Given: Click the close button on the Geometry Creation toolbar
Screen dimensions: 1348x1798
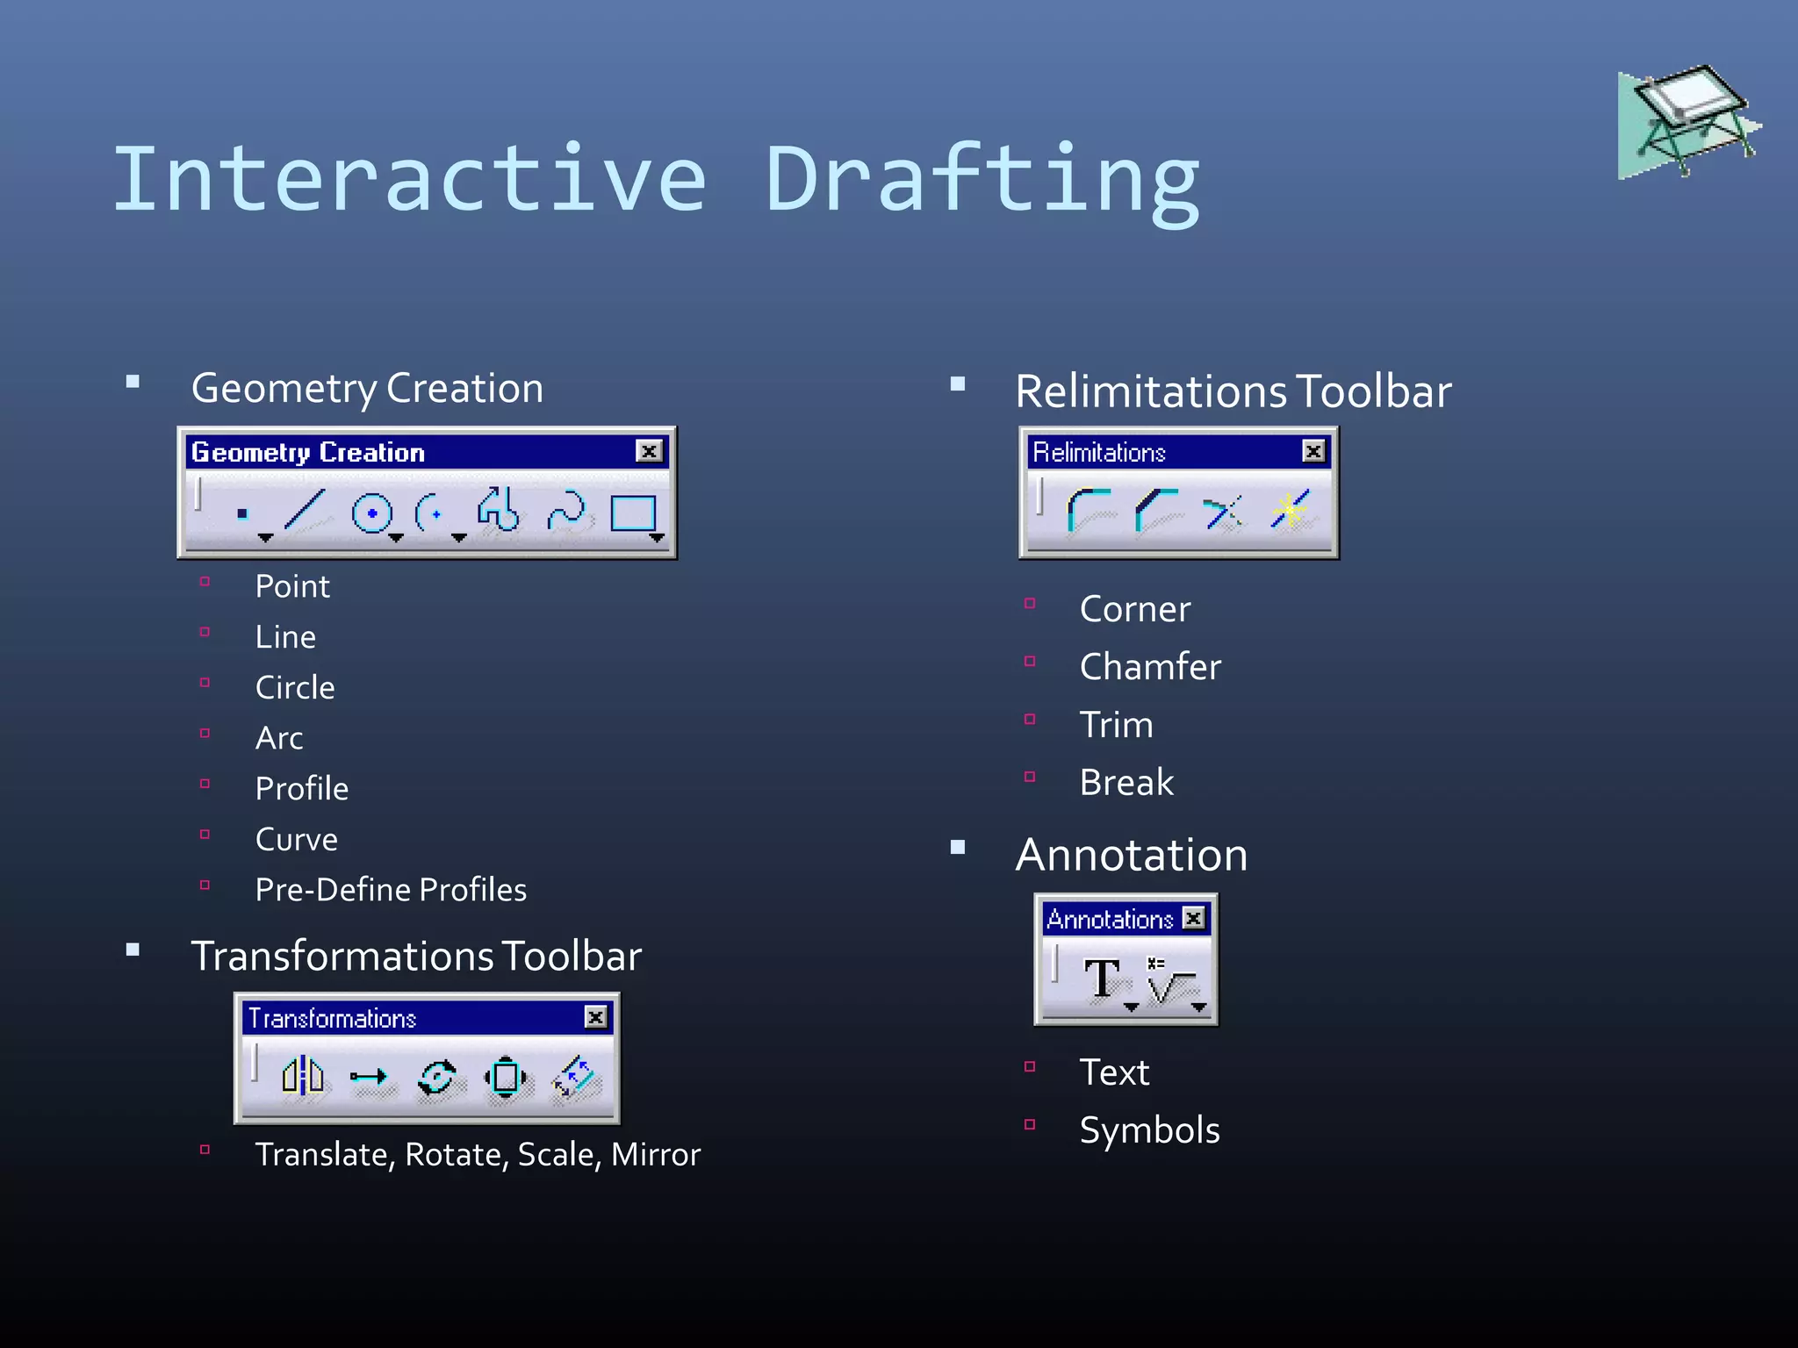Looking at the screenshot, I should tap(649, 451).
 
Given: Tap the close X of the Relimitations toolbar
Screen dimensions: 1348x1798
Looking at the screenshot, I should tap(1313, 451).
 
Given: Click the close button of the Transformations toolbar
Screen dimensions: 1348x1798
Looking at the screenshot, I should tap(595, 1017).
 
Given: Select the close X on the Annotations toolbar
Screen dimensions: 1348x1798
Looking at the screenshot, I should tap(1193, 918).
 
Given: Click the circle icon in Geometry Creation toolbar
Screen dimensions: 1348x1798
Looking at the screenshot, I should tap(371, 513).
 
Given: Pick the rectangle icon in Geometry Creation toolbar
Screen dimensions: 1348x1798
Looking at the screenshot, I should tap(633, 513).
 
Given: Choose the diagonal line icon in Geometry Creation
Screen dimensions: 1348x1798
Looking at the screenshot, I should tap(305, 510).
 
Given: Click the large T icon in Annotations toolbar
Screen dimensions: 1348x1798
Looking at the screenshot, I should tap(1101, 979).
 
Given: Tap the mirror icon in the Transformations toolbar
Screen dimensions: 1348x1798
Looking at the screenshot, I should tap(303, 1075).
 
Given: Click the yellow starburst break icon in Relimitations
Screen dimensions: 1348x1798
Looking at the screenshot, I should tap(1290, 510).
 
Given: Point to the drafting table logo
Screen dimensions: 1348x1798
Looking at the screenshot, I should tap(1688, 120).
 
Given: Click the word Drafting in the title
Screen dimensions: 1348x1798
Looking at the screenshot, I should tap(982, 180).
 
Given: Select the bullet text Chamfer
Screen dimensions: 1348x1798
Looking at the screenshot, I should tap(1150, 667).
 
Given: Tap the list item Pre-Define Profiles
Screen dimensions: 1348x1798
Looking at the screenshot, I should tap(391, 890).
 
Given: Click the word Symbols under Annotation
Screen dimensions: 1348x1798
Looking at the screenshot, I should tap(1149, 1130).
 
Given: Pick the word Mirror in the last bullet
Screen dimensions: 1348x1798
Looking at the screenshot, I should tap(655, 1155).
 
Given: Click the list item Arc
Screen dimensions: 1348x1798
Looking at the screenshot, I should tap(279, 738).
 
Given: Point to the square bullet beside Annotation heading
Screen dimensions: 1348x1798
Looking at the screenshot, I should tap(958, 847).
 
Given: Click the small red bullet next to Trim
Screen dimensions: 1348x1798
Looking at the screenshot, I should tap(1030, 720).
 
